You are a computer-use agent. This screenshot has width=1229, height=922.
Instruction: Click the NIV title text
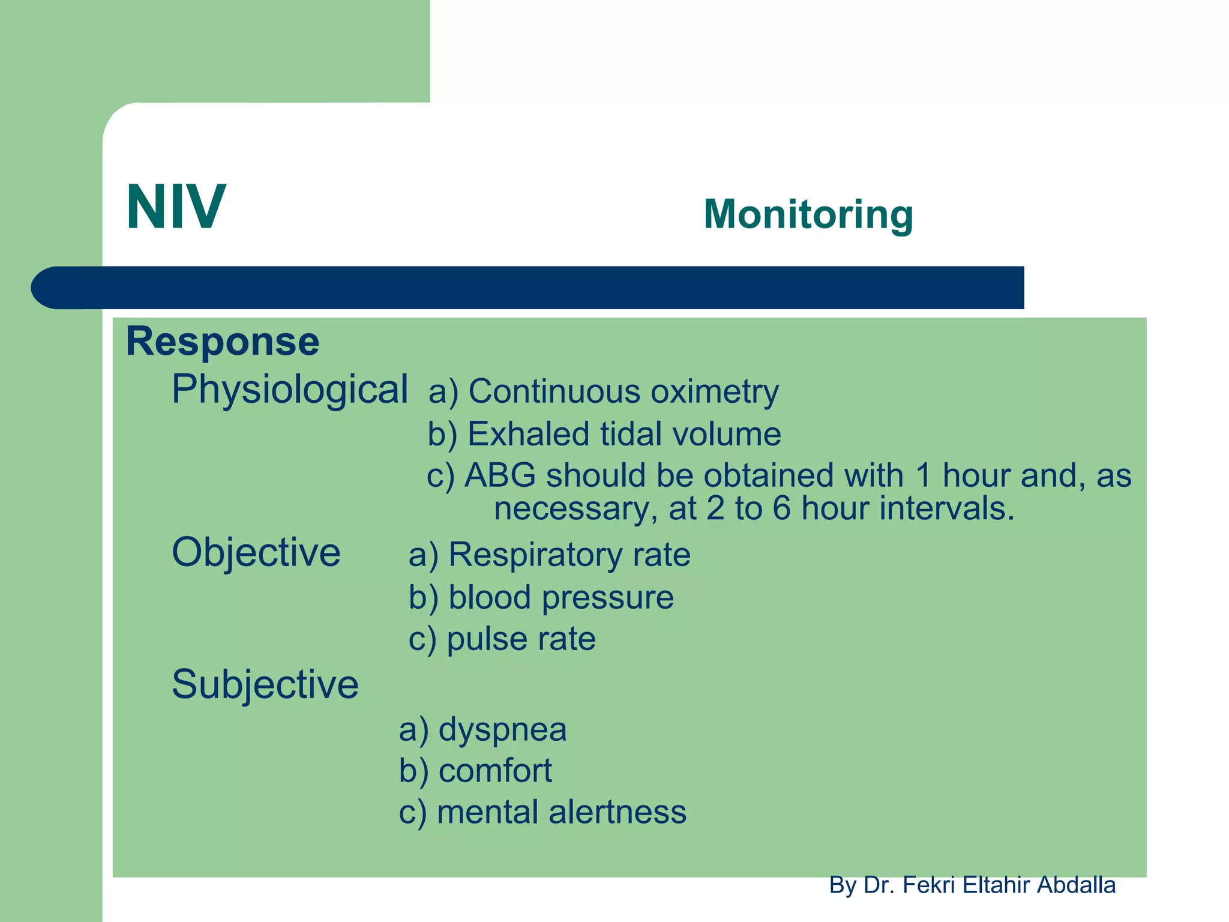click(176, 208)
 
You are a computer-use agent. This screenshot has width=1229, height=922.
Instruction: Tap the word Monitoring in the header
click(808, 214)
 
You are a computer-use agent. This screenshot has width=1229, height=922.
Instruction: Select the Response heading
click(222, 342)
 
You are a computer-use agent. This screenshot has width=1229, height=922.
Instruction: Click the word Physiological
click(289, 390)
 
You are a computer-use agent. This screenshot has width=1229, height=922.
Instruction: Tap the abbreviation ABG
click(500, 475)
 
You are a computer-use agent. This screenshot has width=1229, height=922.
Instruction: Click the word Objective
click(256, 552)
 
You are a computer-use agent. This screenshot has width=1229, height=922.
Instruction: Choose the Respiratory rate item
click(569, 555)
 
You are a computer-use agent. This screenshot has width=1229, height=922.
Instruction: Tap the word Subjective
click(265, 684)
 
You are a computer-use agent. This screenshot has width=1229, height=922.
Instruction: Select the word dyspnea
click(502, 730)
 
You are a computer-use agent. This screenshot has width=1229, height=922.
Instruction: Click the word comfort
click(495, 771)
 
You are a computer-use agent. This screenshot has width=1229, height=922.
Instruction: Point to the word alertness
click(617, 812)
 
